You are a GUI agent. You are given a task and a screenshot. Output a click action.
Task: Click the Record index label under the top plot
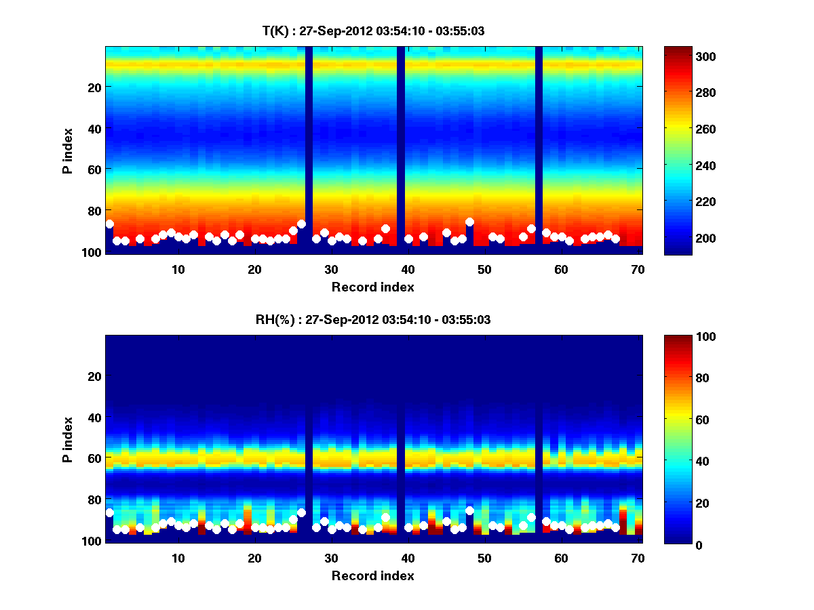[x=372, y=287]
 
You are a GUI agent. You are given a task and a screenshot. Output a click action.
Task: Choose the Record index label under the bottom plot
[x=372, y=576]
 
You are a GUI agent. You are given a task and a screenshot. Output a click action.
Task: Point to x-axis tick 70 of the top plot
[x=638, y=269]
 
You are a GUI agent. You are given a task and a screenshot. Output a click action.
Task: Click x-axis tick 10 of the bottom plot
[x=178, y=558]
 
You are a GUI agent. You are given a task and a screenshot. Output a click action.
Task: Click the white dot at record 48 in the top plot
[x=469, y=222]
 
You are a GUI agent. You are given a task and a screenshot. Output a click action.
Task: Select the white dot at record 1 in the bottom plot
[x=110, y=512]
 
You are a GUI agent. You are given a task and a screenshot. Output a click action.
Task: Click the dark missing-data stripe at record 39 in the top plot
[x=401, y=149]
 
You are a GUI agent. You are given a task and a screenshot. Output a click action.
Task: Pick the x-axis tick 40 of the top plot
[x=408, y=269]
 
